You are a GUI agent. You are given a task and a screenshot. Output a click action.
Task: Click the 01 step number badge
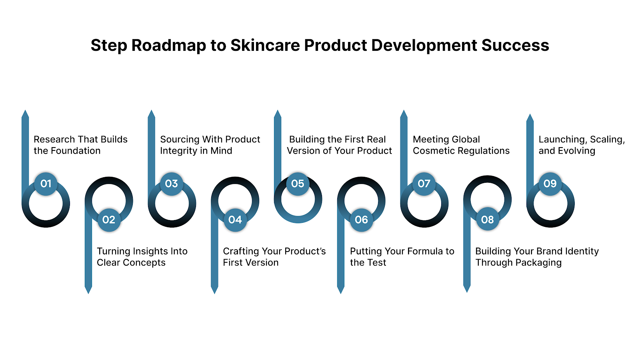click(46, 184)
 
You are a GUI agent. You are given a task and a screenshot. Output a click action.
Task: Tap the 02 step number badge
click(109, 220)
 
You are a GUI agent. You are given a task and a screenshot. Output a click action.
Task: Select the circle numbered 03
click(172, 184)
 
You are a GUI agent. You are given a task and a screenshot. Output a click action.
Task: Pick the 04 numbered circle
click(235, 220)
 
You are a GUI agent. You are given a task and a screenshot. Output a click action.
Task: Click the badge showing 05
click(298, 184)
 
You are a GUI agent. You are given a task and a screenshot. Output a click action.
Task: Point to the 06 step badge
click(361, 220)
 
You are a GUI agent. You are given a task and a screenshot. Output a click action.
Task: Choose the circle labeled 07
click(424, 184)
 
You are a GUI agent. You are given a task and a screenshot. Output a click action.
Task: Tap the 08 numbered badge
click(487, 220)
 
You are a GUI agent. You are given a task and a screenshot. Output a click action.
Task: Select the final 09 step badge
click(550, 184)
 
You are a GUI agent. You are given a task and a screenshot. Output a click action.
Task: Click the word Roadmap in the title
click(168, 46)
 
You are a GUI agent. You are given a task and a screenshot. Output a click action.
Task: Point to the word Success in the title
click(515, 46)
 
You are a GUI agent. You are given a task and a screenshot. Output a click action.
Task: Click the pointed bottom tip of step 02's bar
click(88, 291)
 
